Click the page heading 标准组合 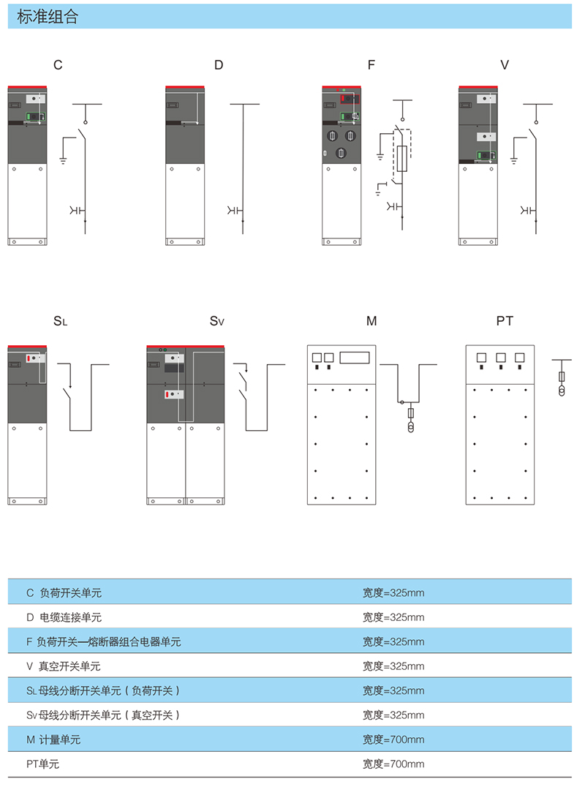tap(48, 16)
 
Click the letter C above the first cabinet tap(58, 65)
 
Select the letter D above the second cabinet tap(219, 65)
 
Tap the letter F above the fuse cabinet tap(371, 65)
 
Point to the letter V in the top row tap(505, 65)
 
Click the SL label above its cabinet tap(60, 321)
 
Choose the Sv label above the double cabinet tap(217, 321)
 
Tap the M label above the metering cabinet tap(371, 321)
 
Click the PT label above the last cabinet tap(505, 321)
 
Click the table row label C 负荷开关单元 tap(64, 592)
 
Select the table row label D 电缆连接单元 tap(64, 617)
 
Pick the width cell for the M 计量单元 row tap(393, 739)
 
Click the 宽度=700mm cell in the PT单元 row tap(393, 764)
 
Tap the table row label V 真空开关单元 tap(63, 666)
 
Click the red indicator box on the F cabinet tap(350, 98)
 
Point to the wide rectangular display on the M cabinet tap(355, 357)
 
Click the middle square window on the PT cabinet tap(500, 357)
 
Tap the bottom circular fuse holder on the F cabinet tap(341, 152)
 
